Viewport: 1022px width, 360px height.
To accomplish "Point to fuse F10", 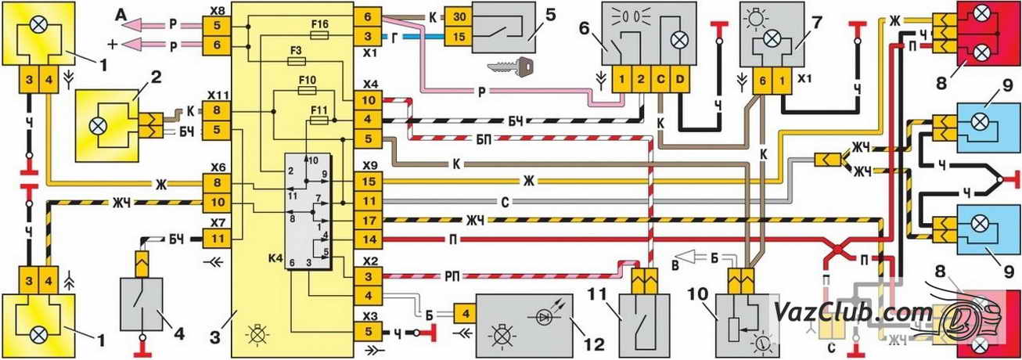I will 308,90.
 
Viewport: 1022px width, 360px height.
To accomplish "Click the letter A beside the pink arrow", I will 121,13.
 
